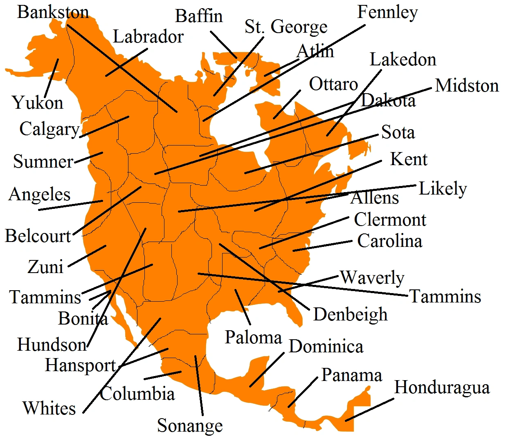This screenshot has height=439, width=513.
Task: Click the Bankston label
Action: point(53,12)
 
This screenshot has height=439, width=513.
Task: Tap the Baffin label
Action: point(199,16)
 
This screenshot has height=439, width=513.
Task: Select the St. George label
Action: point(286,27)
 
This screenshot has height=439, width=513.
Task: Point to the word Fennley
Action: point(387,12)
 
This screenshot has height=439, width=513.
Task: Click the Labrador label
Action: point(148,37)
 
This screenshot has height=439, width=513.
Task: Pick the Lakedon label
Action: point(403,60)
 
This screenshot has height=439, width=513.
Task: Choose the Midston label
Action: point(467,86)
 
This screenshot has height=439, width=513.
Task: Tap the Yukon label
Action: point(38,103)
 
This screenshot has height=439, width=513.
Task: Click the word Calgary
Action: point(49,130)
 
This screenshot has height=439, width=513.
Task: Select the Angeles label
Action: point(39,195)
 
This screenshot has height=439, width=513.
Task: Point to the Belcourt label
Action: point(38,236)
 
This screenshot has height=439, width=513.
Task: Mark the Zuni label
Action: point(45,267)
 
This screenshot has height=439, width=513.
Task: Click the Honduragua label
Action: point(442,387)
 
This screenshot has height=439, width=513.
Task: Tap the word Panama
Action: point(351,375)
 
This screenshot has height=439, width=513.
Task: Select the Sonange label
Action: point(190,426)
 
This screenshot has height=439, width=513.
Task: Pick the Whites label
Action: point(49,408)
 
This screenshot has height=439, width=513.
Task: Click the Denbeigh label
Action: point(350,315)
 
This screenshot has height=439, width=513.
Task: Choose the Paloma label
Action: point(253,338)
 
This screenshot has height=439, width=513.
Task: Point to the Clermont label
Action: point(390,220)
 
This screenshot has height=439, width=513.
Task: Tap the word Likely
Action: point(443,189)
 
